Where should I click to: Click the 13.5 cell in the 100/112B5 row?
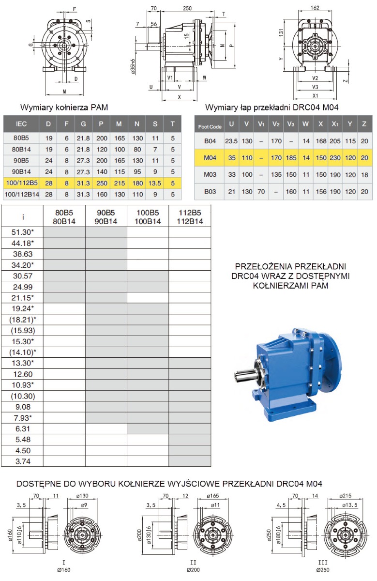155,183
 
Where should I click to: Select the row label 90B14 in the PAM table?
21,172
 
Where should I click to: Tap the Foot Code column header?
210,127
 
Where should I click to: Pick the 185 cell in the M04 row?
291,158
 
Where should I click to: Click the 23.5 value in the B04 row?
231,141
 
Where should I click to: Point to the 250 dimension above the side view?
187,8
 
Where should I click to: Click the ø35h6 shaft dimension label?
133,67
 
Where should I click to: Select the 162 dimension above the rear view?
315,8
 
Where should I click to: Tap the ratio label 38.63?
23,254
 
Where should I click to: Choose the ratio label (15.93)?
23,330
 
